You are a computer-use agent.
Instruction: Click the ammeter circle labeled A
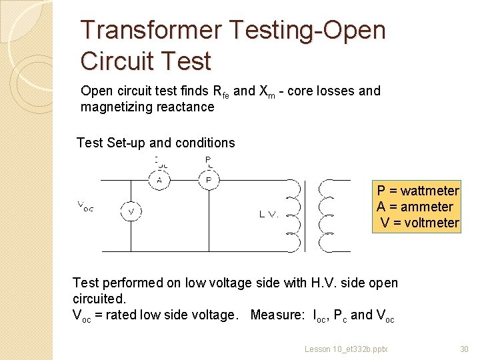click(159, 180)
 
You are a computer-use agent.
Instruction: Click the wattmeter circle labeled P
click(208, 180)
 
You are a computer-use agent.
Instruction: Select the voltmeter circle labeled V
click(131, 212)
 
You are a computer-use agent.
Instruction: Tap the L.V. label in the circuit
click(269, 214)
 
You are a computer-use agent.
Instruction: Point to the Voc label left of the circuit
click(85, 207)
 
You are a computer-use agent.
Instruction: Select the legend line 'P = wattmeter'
click(418, 191)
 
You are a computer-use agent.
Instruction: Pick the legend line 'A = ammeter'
click(415, 207)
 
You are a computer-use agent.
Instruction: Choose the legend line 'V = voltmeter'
click(419, 223)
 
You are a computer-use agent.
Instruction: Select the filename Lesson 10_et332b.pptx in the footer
click(346, 349)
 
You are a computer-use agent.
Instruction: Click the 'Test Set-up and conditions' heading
click(155, 143)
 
